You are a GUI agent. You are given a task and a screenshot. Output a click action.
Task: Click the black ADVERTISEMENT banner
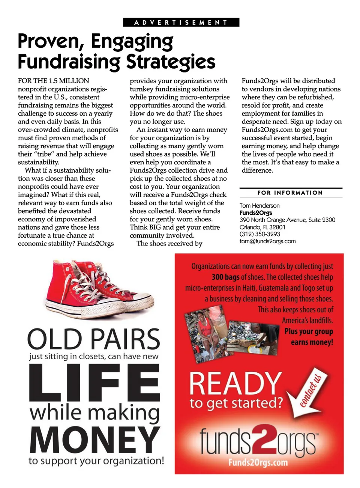181,23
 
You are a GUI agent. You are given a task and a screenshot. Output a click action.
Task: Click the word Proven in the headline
50,42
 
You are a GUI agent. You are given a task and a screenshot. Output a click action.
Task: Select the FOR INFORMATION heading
290,193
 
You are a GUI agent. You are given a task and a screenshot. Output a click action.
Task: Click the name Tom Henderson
259,206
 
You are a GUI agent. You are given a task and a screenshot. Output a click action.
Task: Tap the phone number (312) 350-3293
260,234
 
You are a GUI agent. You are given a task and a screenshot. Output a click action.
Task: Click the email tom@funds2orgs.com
267,241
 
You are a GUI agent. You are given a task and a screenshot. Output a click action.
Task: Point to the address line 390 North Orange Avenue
287,220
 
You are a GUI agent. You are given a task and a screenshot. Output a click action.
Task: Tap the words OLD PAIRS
94,339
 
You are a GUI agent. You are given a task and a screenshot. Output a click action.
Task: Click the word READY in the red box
235,384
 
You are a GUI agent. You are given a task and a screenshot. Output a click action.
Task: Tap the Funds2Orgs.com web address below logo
258,462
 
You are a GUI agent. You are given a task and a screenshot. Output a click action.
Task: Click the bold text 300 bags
225,277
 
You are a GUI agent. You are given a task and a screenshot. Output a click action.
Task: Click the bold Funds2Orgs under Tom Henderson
256,213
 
